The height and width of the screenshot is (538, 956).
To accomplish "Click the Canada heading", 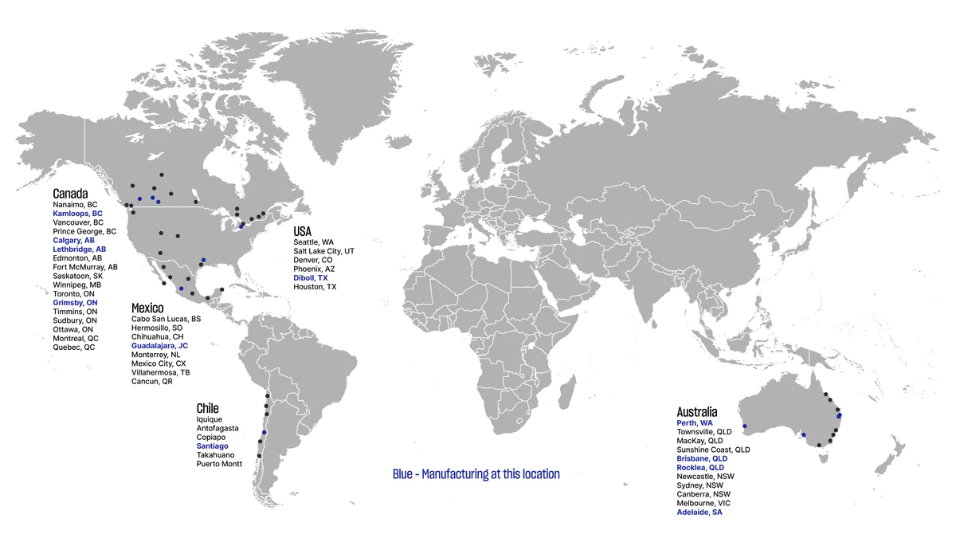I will click(70, 194).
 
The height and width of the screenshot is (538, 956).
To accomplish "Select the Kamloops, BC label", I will click(77, 214).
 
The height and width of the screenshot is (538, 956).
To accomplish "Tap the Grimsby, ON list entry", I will click(75, 303).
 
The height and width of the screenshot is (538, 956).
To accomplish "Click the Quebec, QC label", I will click(73, 348).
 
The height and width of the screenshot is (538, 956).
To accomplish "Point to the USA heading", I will click(302, 231).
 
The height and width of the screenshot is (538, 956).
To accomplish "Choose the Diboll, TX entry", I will click(310, 277).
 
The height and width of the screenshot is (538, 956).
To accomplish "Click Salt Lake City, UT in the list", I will click(323, 250).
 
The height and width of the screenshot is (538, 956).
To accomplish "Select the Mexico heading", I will click(147, 308).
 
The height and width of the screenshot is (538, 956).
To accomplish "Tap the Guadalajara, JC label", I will click(159, 346).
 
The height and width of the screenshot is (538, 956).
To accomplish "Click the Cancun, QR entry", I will click(151, 382).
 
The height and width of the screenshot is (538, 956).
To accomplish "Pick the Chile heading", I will click(207, 408).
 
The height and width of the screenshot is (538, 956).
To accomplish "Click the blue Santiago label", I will click(212, 446).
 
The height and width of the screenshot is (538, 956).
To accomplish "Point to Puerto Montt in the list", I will click(219, 463).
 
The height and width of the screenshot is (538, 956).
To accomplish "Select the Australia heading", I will click(697, 411).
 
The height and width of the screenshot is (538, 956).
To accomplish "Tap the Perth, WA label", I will click(695, 422).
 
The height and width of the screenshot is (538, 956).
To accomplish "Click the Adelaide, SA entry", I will click(699, 512).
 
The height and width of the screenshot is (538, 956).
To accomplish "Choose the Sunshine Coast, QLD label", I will click(713, 450).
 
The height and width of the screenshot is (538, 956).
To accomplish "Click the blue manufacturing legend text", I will click(476, 474).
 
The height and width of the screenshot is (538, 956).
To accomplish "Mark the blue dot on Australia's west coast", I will click(744, 426).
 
